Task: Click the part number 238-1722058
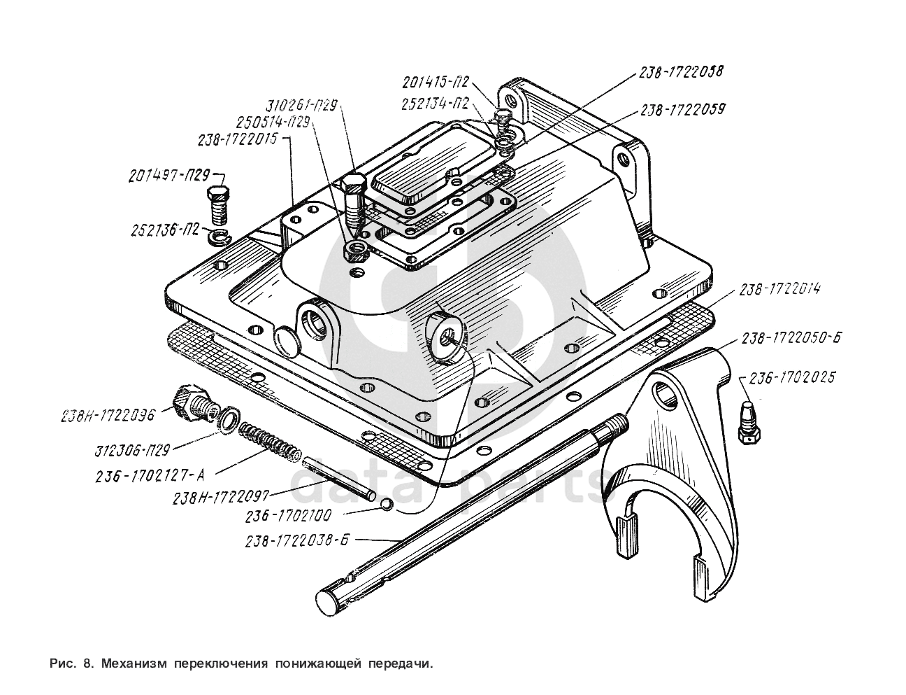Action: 680,72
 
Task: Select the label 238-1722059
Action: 682,110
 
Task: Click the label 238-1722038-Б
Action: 297,540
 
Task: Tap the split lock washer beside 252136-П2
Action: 220,237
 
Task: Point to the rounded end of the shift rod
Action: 327,601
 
